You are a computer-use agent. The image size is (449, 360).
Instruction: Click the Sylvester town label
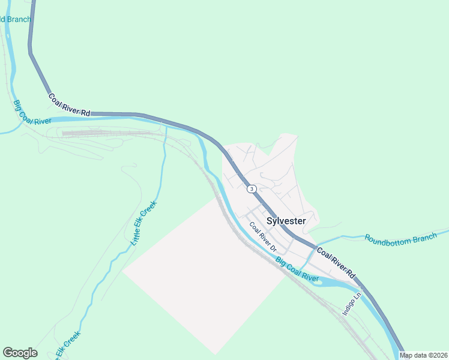[286, 221]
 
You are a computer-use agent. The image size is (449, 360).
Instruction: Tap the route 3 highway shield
[252, 188]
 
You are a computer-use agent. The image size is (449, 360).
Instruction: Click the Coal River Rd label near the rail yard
[69, 104]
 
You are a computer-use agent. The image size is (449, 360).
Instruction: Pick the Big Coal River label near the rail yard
[32, 112]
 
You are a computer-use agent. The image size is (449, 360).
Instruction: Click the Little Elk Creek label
[143, 223]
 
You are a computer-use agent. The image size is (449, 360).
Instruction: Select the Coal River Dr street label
[263, 237]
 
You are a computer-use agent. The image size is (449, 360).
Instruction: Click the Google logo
[20, 353]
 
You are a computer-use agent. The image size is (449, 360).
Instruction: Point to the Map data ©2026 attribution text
[424, 355]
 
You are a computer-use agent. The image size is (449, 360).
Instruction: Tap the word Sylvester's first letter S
[270, 221]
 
